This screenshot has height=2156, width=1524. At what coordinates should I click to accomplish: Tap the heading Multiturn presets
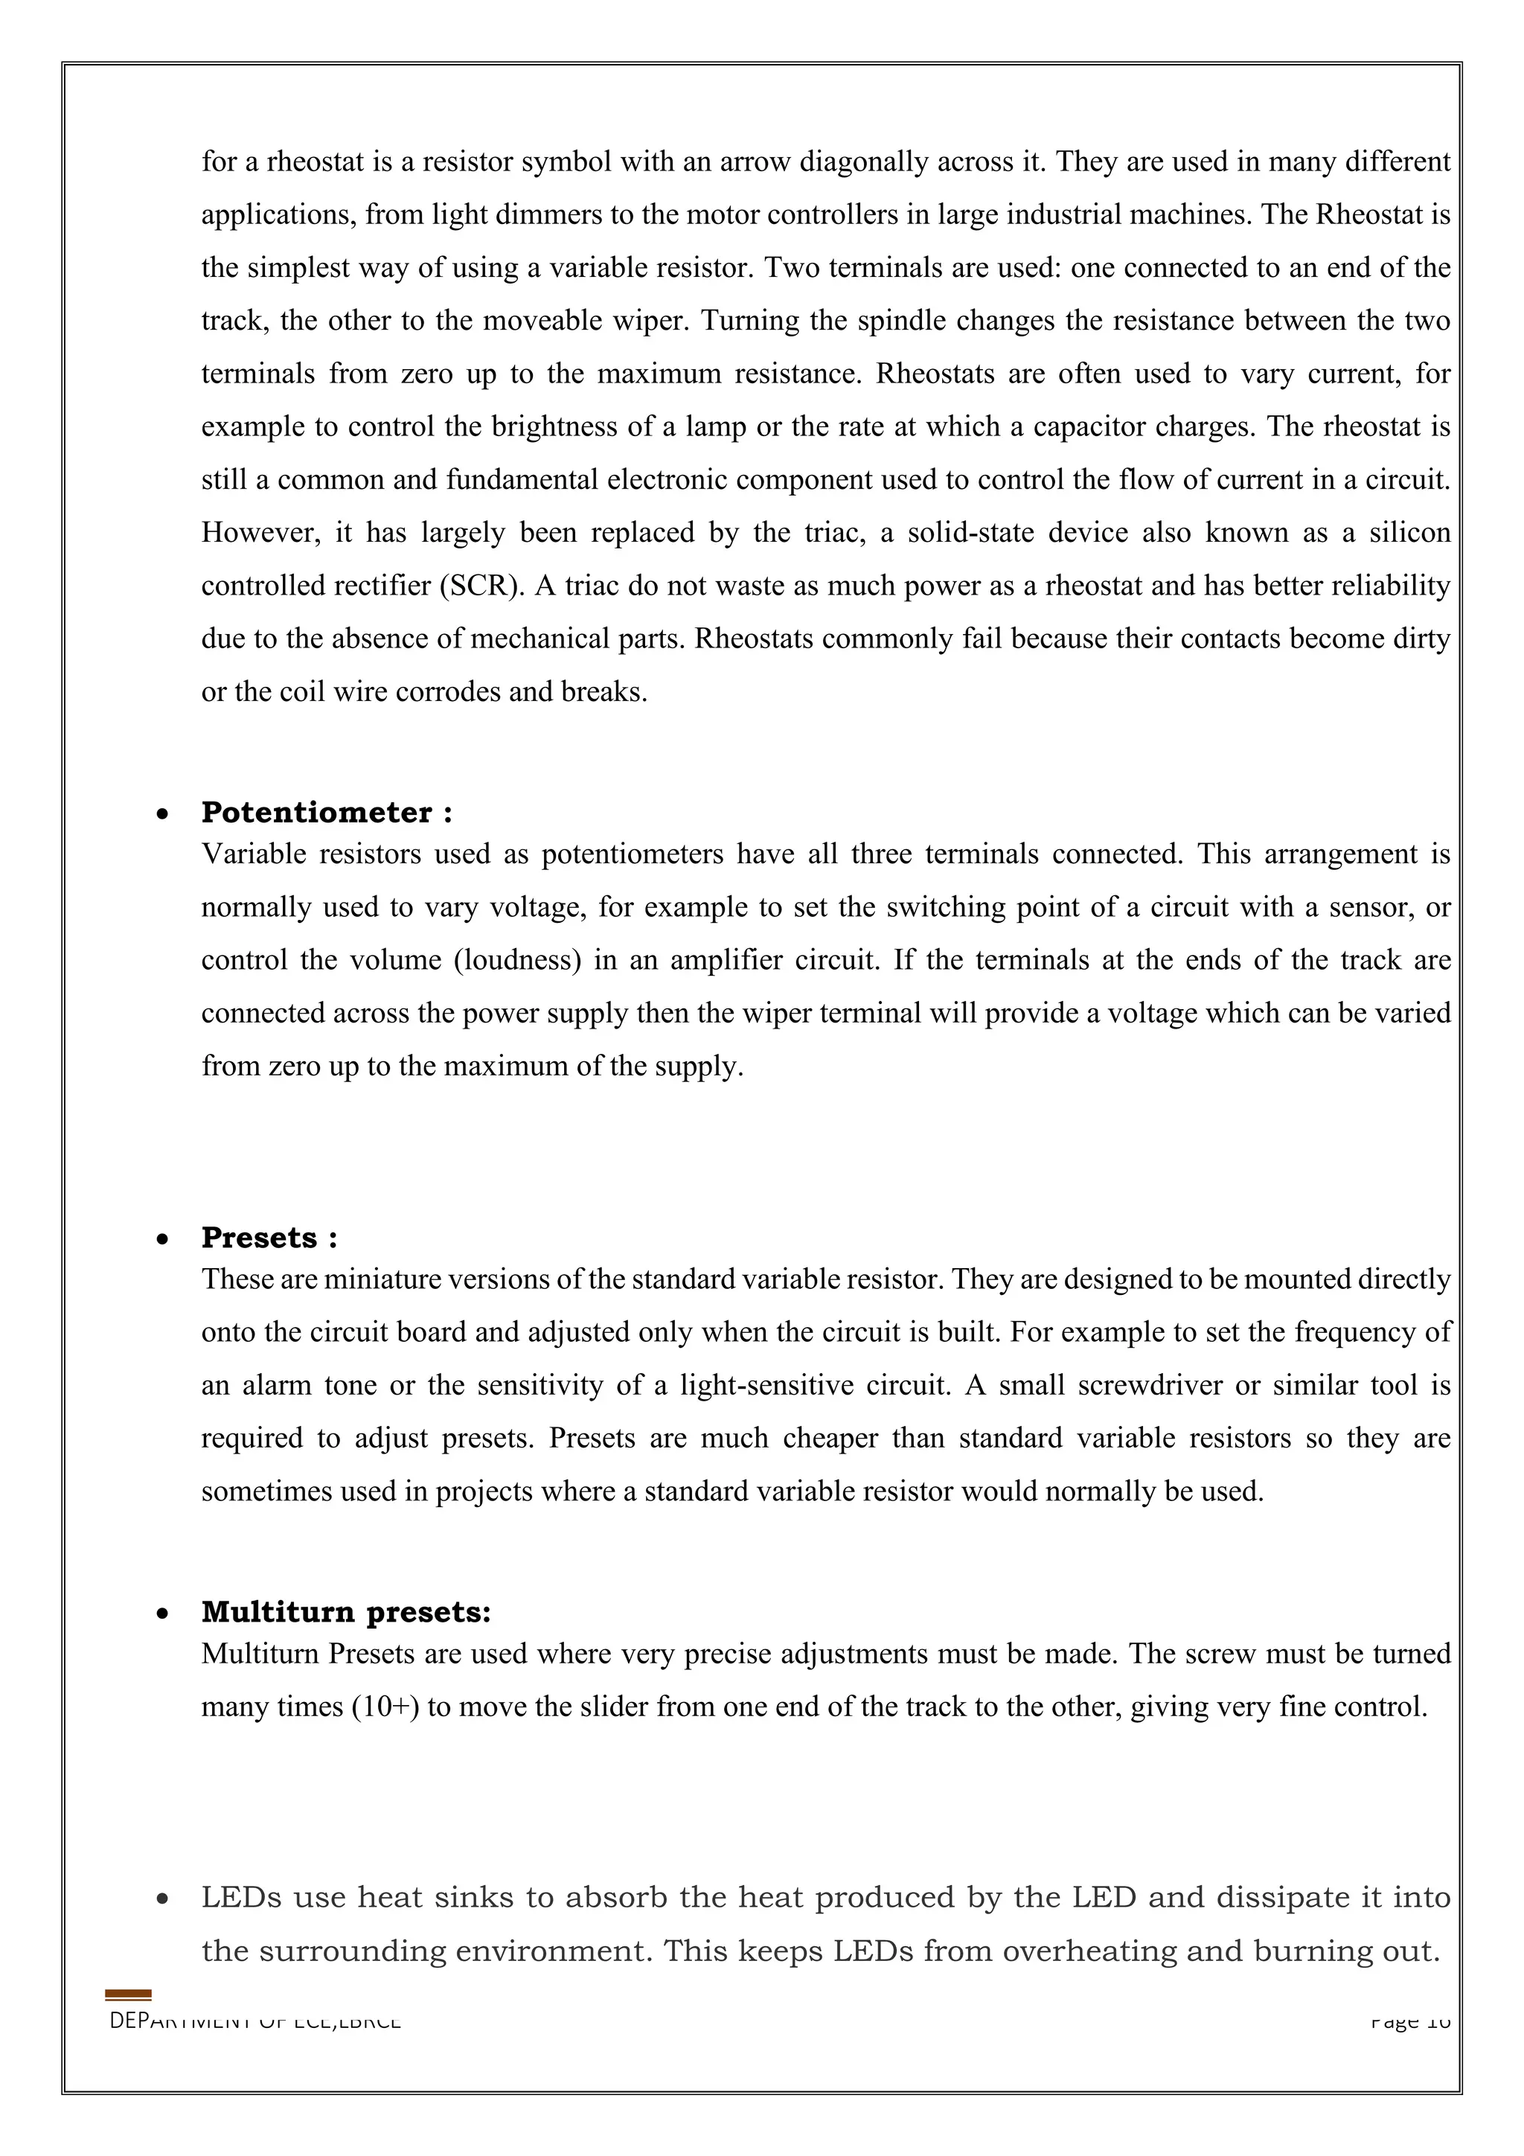pos(345,1612)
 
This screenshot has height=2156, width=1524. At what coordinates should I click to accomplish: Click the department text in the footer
pos(255,2021)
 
